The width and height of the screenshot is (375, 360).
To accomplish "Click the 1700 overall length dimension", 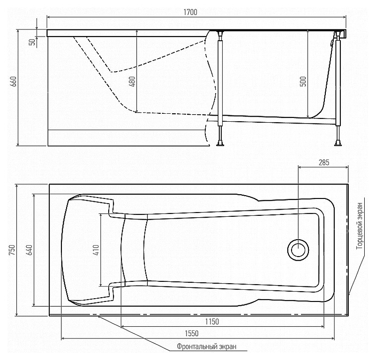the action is coord(190,12).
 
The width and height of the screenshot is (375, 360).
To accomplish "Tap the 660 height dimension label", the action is coord(14,81).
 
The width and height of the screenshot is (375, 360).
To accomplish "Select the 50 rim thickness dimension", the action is coord(32,42).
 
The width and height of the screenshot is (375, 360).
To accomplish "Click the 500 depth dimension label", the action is coord(303,81).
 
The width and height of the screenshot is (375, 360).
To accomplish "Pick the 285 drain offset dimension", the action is coord(324,162).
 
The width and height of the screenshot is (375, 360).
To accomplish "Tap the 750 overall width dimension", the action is coord(12,250).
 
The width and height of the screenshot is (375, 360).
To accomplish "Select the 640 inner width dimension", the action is coord(30,250).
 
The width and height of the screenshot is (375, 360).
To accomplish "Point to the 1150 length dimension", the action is coord(212,322).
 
